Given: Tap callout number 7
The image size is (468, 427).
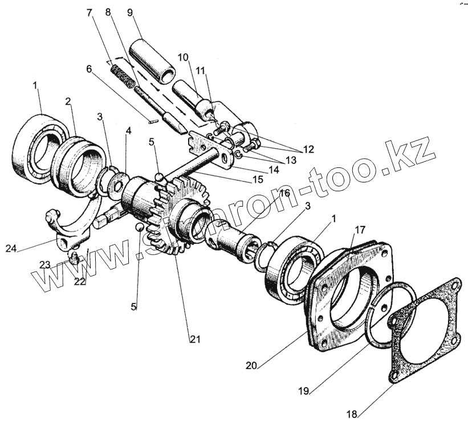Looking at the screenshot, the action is (x=89, y=12).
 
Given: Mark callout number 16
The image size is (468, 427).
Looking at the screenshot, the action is (x=284, y=194).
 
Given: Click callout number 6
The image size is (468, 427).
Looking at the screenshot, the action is (x=88, y=68).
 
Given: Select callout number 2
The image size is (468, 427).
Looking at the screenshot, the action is (x=68, y=101).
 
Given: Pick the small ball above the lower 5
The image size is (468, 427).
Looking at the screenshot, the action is (x=139, y=227).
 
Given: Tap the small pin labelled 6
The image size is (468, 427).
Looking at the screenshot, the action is (x=152, y=120).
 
